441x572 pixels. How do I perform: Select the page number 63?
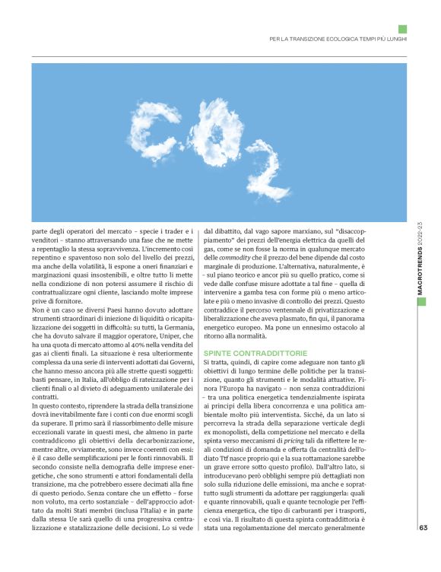pyautogui.click(x=423, y=551)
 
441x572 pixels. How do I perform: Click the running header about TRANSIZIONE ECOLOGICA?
pyautogui.click(x=338, y=39)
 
